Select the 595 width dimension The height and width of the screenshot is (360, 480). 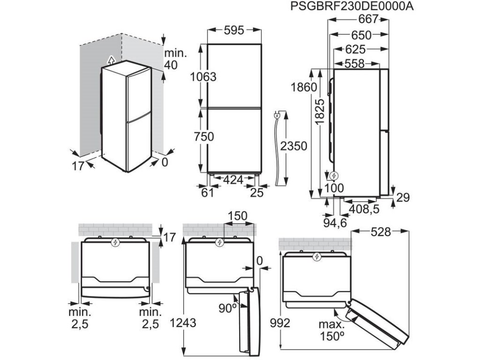[233, 30]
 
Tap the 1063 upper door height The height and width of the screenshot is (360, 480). [203, 77]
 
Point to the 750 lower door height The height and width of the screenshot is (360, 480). [203, 137]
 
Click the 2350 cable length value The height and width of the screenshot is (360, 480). [294, 146]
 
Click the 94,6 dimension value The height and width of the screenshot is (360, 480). [335, 223]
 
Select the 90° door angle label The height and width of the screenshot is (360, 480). [227, 308]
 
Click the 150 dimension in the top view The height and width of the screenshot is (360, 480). [238, 216]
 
